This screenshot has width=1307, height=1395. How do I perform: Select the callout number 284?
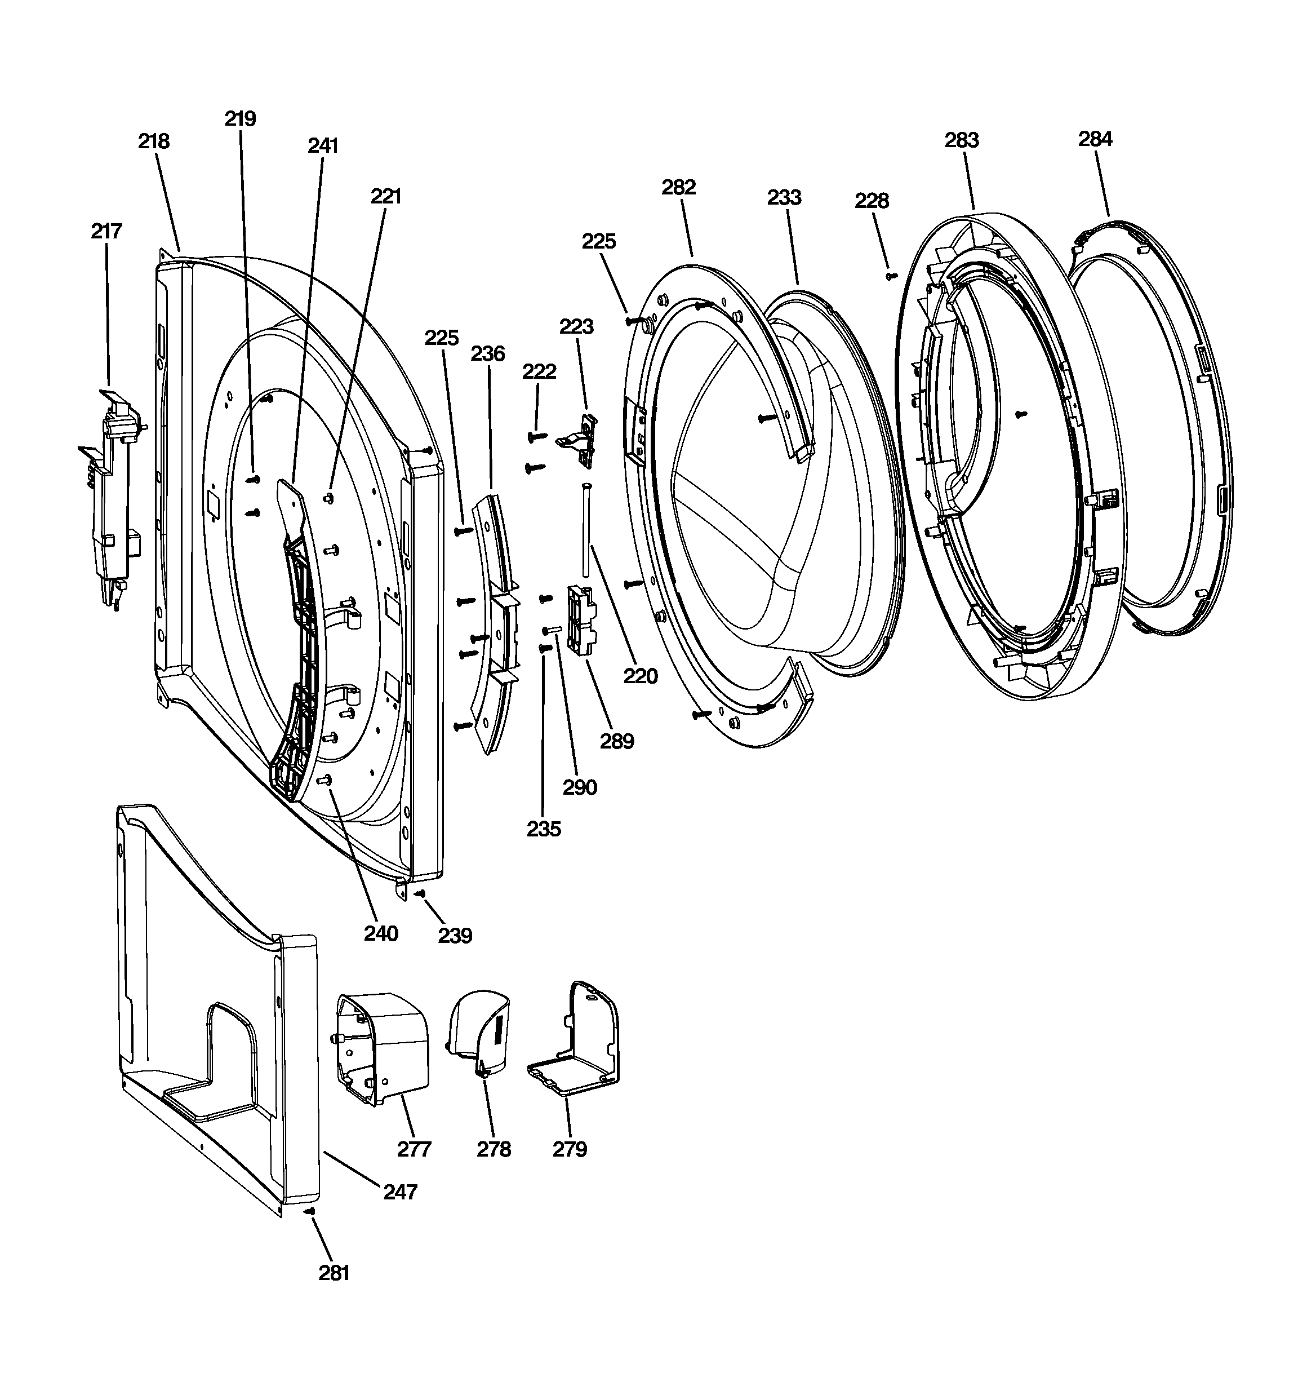[1095, 139]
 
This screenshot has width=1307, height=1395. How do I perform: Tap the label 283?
[961, 140]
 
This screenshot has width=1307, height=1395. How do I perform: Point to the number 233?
[784, 197]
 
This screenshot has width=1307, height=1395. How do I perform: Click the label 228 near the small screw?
[872, 201]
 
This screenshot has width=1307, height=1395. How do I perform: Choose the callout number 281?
[334, 1272]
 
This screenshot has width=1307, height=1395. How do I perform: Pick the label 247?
[400, 1191]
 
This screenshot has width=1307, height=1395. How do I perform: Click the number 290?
[580, 787]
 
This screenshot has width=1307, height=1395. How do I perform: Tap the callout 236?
[487, 353]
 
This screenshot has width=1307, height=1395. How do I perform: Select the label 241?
[323, 145]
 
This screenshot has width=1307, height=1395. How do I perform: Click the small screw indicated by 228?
[892, 276]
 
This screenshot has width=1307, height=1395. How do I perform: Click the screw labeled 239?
[420, 893]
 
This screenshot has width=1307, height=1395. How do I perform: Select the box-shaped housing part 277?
[383, 1046]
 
